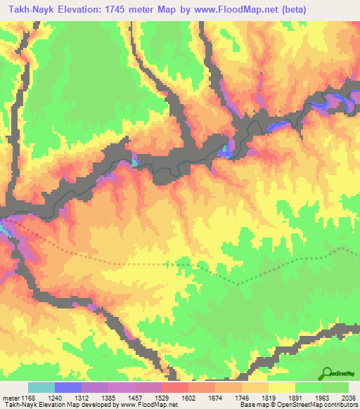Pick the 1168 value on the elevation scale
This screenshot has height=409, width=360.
tap(27, 397)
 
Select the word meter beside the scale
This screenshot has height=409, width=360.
tap(10, 397)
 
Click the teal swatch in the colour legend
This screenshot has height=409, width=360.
tap(41, 387)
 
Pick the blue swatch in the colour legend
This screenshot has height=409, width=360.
tap(68, 387)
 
